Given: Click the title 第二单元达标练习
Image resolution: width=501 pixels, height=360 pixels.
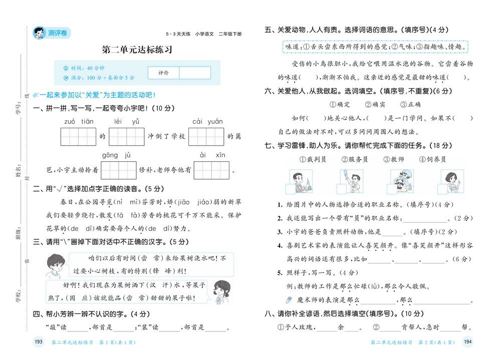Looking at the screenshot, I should pos(137,50).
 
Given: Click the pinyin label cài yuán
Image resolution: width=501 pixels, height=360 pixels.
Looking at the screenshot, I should pos(207,122).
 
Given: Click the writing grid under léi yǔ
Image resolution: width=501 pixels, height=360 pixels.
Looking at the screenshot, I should pos(126,136).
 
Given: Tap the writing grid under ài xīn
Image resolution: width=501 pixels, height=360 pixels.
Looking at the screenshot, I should pos(212,170).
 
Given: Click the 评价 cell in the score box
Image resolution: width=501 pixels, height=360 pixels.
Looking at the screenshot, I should pos(163,73).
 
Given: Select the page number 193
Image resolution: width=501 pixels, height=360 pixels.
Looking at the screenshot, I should pos(38,342).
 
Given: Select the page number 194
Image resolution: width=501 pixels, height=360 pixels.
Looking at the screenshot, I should pos(467,342).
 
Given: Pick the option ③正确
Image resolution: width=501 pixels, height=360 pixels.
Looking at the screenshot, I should pos(410,105).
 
